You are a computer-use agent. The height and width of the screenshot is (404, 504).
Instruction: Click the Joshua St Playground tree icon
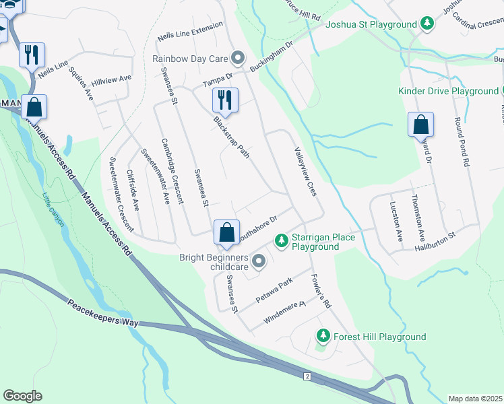point(427,24)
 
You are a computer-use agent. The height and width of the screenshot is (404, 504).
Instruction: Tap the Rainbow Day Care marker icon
point(237,58)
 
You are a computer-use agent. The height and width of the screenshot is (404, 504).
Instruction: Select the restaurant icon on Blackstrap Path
point(225,100)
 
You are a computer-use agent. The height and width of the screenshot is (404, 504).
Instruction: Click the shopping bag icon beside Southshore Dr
point(227,232)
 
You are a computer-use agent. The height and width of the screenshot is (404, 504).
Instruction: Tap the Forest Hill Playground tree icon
point(323,335)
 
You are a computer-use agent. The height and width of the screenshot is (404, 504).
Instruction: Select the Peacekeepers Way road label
point(102,313)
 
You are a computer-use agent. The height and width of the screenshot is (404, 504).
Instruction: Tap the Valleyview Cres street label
point(305,172)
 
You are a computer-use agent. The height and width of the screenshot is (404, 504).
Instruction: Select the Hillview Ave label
point(111,79)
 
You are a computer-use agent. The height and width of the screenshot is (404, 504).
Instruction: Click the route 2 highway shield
point(307,376)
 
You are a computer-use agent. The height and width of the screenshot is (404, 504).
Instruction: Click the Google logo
point(22,396)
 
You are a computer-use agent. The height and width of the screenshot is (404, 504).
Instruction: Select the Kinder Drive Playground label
point(448,91)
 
